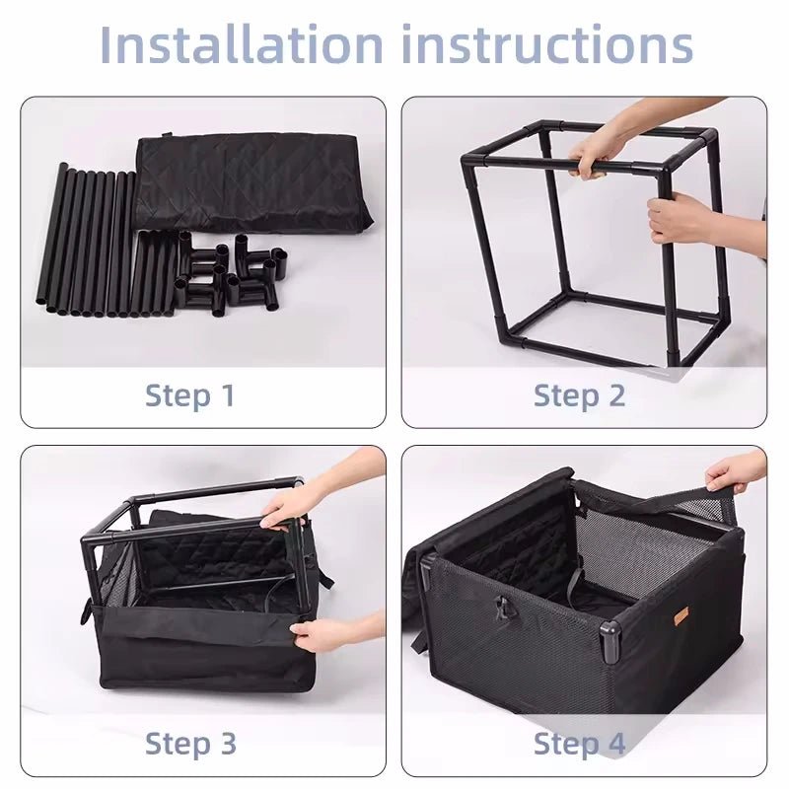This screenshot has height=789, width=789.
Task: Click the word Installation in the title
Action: coord(242,44)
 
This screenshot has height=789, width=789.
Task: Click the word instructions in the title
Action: coord(547,44)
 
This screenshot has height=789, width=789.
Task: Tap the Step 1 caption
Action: coord(189,396)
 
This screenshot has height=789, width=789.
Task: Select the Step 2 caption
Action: coord(579,396)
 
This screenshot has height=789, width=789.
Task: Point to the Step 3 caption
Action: coord(190,745)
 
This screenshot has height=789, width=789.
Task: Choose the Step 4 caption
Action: coord(579,745)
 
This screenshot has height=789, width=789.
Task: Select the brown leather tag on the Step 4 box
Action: coord(681,614)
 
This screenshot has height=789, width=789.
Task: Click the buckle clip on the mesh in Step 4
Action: coord(502,608)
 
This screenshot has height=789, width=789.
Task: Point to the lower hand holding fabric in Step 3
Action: coord(319,634)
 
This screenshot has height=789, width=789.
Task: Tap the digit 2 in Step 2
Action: coord(616,395)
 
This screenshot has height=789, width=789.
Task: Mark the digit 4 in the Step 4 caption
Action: coord(615,744)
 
